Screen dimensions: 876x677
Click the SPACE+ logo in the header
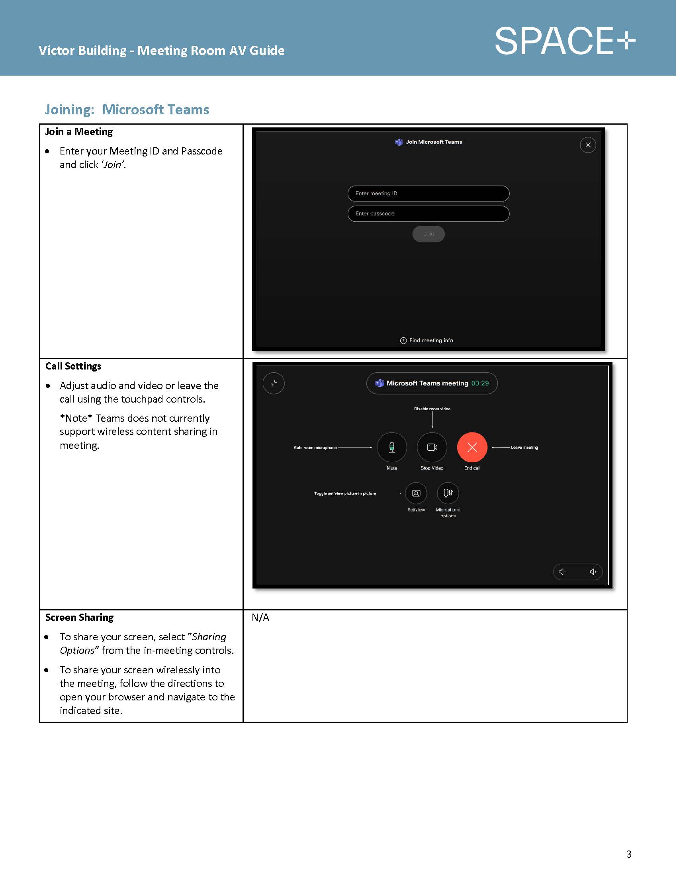click(565, 41)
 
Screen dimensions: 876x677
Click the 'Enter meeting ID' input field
click(429, 194)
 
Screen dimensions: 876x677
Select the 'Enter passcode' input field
click(429, 214)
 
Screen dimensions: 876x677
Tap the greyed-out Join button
click(429, 234)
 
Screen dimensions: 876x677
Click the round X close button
click(588, 145)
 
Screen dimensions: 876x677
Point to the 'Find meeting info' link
click(427, 340)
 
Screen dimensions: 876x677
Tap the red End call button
click(472, 447)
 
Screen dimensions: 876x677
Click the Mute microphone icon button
click(392, 447)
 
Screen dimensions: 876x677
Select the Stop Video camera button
click(432, 447)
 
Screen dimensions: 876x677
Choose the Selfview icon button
click(416, 493)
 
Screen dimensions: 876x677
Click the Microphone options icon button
click(448, 493)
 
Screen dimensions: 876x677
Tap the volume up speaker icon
click(593, 572)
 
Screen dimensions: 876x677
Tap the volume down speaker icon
click(563, 572)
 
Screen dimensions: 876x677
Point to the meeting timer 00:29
click(480, 383)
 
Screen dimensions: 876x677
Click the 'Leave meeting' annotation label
click(524, 448)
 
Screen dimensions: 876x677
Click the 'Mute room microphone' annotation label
click(315, 448)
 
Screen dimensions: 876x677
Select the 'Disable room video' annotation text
click(432, 409)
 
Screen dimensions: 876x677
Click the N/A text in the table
click(260, 618)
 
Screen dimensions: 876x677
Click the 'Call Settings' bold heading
click(73, 366)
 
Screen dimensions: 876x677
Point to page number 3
click(628, 854)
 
